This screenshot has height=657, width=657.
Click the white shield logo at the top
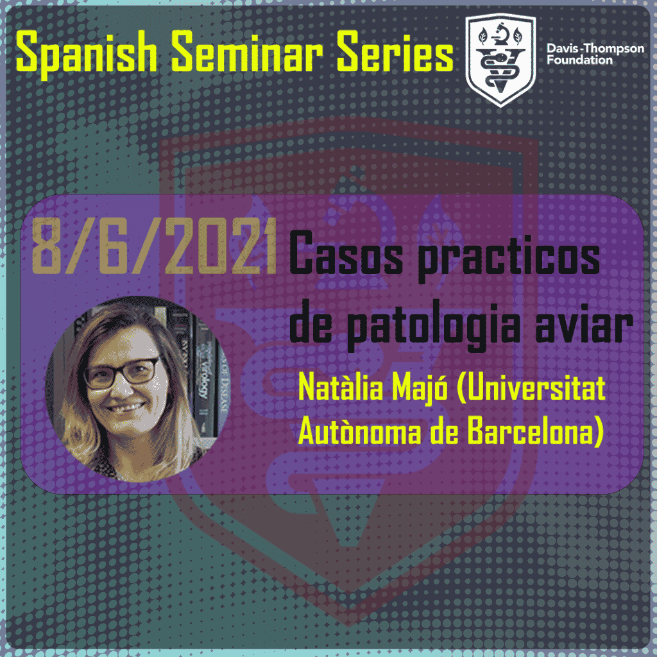tap(500, 60)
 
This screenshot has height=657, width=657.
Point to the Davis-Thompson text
tap(595, 49)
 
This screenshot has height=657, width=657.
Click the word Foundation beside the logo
tap(579, 60)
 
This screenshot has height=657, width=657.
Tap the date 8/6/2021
tap(154, 246)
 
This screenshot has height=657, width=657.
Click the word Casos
tap(346, 253)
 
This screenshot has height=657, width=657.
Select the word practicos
tap(509, 258)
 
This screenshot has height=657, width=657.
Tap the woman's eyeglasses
tap(122, 373)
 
